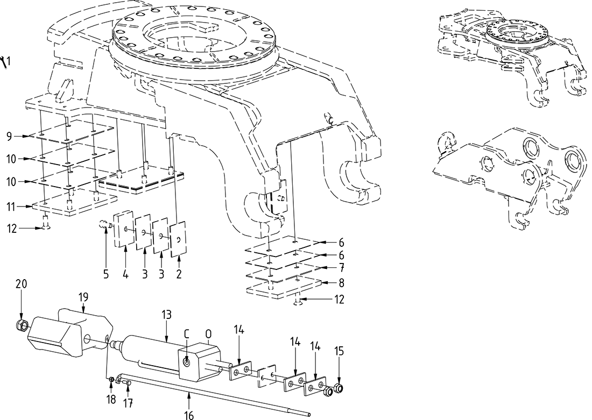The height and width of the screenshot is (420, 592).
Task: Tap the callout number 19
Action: pos(84,296)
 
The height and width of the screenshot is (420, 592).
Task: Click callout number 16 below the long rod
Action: pos(189,414)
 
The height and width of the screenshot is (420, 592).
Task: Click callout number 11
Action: pos(10,206)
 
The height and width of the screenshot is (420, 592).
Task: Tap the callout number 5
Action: pos(106,273)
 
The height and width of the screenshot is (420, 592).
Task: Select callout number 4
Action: pos(125,273)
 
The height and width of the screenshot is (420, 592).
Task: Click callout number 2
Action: pos(179,273)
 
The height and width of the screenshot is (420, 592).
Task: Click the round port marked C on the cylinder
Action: pos(186,362)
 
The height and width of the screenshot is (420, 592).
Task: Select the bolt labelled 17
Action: pos(128,382)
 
